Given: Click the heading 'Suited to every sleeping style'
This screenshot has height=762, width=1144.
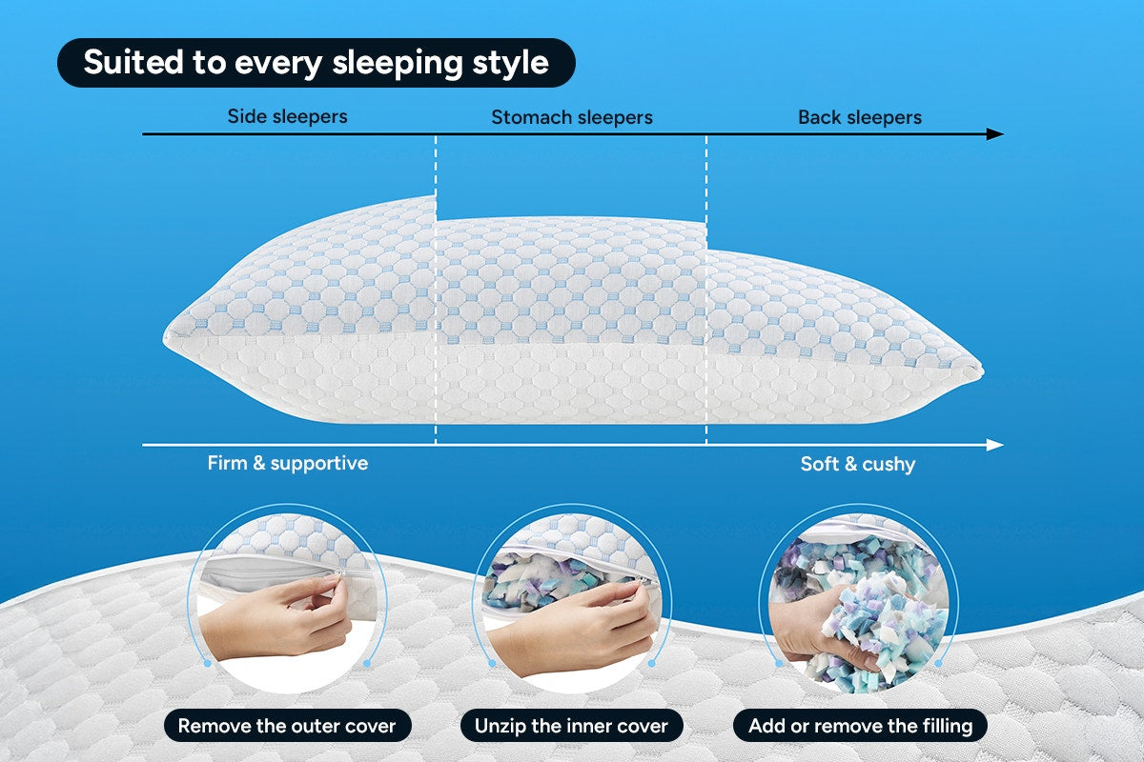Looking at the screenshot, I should (x=316, y=63).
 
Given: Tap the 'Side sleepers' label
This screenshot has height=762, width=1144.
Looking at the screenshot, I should (x=287, y=117).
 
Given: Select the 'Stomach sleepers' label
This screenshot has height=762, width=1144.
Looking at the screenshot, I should (x=571, y=118).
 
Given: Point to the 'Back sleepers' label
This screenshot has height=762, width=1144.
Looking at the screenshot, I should (x=859, y=118).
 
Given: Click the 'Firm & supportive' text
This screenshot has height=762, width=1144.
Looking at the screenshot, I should (x=287, y=464).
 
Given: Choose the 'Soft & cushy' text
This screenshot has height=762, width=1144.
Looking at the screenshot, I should (x=857, y=465).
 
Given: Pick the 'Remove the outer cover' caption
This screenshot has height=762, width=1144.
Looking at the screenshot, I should (x=286, y=726).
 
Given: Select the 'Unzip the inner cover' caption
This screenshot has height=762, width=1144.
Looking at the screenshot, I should (x=571, y=726).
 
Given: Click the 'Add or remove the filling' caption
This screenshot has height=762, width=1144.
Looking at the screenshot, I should (x=860, y=726).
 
